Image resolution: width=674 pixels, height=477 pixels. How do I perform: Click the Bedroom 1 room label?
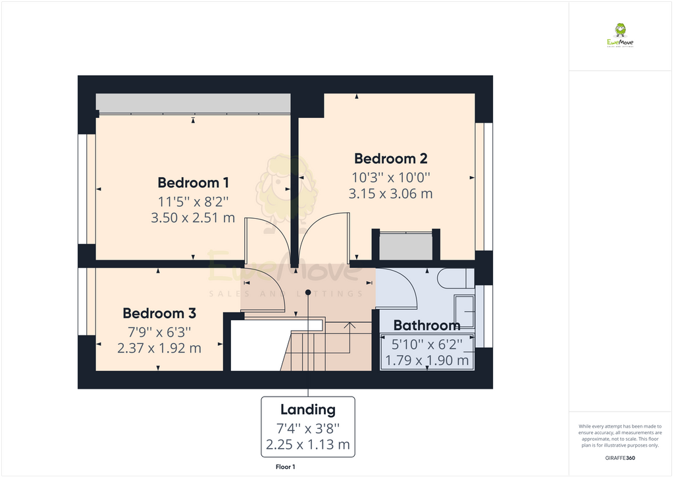pyautogui.click(x=193, y=182)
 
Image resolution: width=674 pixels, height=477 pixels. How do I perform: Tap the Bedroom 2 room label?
pyautogui.click(x=390, y=159)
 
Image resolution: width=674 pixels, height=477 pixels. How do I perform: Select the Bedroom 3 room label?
pyautogui.click(x=159, y=314)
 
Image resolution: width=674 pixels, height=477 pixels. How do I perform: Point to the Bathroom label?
pyautogui.click(x=427, y=325)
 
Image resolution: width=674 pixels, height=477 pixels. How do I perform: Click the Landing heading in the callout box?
pyautogui.click(x=308, y=410)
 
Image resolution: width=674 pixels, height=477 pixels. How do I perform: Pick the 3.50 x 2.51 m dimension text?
pyautogui.click(x=193, y=218)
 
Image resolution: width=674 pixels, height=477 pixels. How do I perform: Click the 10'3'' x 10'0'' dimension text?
pyautogui.click(x=390, y=177)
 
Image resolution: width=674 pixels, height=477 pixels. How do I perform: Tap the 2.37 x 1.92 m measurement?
pyautogui.click(x=159, y=348)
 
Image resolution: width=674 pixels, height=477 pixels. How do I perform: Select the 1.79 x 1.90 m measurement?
pyautogui.click(x=427, y=360)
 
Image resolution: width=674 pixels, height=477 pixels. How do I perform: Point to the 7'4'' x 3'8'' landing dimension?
pyautogui.click(x=308, y=427)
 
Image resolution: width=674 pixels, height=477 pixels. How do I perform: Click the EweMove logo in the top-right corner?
pyautogui.click(x=620, y=36)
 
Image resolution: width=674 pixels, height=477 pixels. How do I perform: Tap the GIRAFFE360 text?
pyautogui.click(x=619, y=457)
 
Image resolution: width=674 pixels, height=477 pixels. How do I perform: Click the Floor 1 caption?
pyautogui.click(x=286, y=467)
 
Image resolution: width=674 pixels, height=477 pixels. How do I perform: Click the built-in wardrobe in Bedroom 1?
pyautogui.click(x=193, y=103)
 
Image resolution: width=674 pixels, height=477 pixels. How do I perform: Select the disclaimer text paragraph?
pyautogui.click(x=619, y=435)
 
